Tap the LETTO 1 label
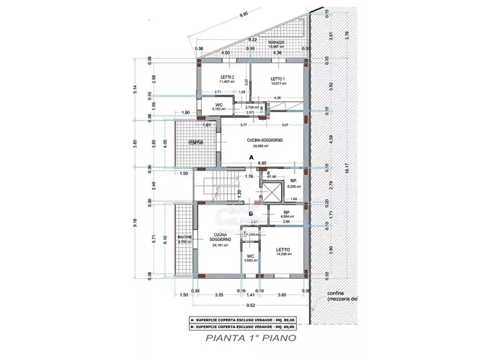(278, 78)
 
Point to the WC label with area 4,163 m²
(219, 104)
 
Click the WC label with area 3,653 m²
(250, 256)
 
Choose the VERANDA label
(196, 142)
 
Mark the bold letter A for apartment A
(250, 157)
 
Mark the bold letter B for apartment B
(250, 213)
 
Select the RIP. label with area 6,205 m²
(293, 181)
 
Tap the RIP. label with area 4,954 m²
(287, 213)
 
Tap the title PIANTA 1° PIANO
(250, 338)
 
